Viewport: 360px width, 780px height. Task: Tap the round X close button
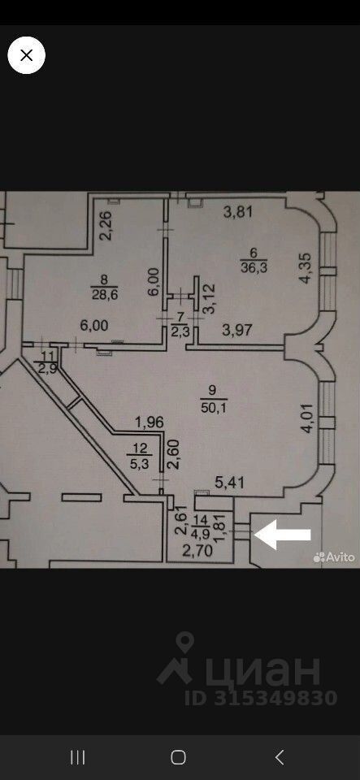26,55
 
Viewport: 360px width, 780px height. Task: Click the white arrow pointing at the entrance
283,535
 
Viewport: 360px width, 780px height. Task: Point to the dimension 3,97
236,328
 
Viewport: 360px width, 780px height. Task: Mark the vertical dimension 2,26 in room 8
109,227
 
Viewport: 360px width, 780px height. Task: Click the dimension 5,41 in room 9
228,482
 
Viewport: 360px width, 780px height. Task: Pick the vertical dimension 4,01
307,418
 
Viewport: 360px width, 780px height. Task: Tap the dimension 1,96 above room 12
150,422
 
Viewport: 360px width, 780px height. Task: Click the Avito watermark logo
334,557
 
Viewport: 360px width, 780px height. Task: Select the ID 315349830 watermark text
261,698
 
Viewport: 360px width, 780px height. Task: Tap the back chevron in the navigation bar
280,757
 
